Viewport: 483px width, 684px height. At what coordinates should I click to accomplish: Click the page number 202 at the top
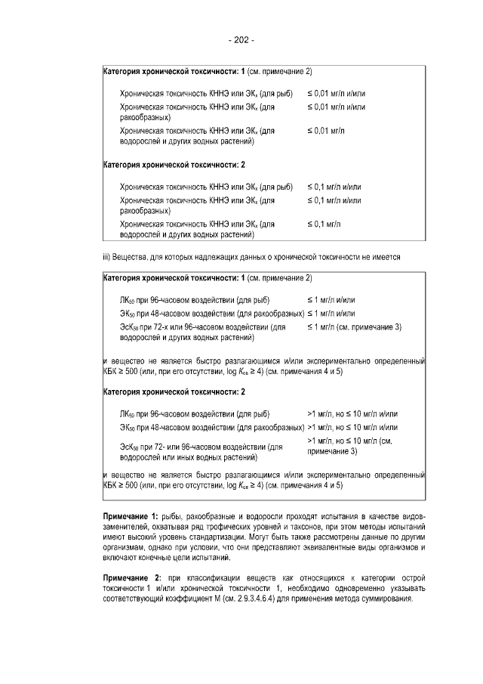click(x=241, y=40)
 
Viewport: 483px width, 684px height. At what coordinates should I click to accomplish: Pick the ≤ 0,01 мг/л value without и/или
click(x=326, y=131)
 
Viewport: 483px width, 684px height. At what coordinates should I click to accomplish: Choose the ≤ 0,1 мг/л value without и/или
click(x=324, y=224)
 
